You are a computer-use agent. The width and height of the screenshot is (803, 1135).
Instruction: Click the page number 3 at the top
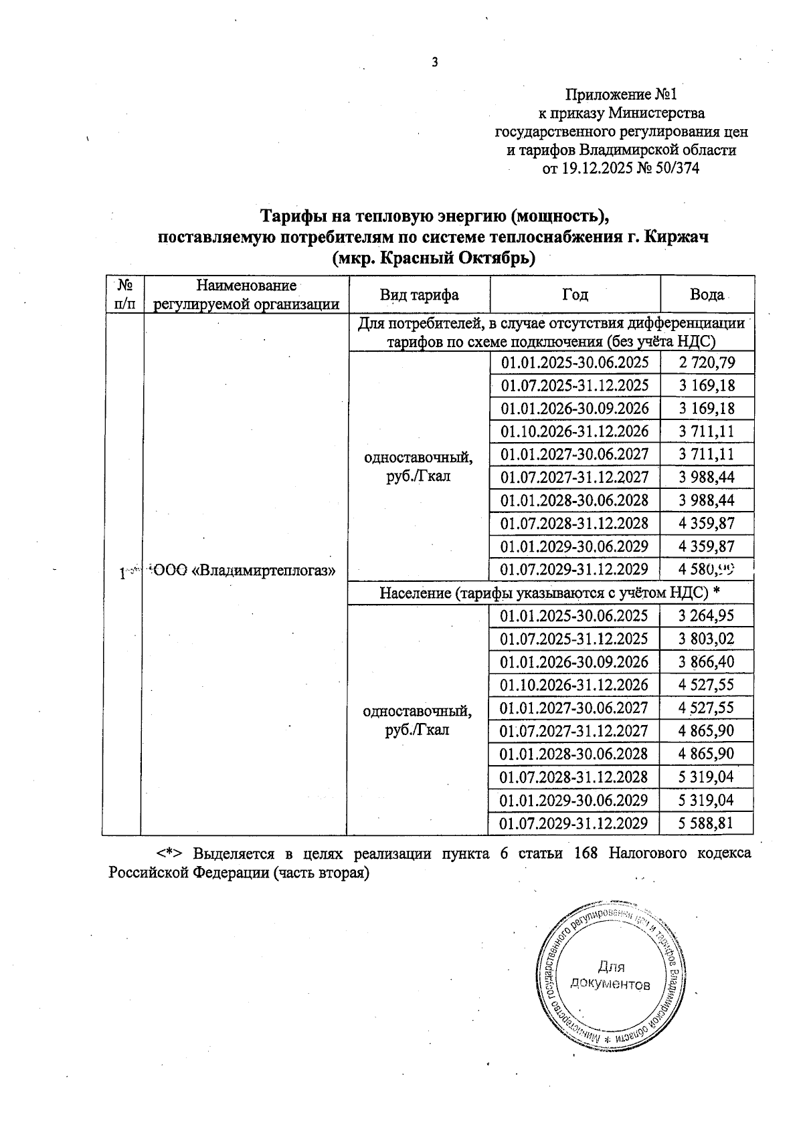pyautogui.click(x=435, y=63)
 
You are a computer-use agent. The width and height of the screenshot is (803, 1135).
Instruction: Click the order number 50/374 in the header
pyautogui.click(x=677, y=169)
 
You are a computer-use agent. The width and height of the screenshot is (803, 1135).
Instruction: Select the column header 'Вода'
pyautogui.click(x=707, y=294)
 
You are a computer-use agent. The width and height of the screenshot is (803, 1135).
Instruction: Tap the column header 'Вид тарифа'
pyautogui.click(x=419, y=295)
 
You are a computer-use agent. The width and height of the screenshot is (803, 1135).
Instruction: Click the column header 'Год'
pyautogui.click(x=575, y=294)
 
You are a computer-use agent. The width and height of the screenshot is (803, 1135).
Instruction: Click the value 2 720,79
pyautogui.click(x=706, y=363)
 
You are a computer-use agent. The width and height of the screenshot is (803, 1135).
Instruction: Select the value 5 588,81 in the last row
pyautogui.click(x=706, y=823)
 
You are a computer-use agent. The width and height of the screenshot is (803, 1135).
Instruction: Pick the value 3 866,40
pyautogui.click(x=706, y=661)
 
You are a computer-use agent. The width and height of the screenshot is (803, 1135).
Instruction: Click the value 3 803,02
pyautogui.click(x=706, y=639)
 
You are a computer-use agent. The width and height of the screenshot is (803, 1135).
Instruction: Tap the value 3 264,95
pyautogui.click(x=706, y=615)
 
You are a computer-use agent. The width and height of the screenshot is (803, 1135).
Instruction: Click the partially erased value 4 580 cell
pyautogui.click(x=706, y=569)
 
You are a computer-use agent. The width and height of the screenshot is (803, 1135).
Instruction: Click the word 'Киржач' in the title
pyautogui.click(x=677, y=237)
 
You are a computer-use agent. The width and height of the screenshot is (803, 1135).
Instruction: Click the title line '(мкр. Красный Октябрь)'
pyautogui.click(x=434, y=257)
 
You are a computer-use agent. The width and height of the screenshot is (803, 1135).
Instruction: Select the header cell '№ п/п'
pyautogui.click(x=121, y=294)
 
